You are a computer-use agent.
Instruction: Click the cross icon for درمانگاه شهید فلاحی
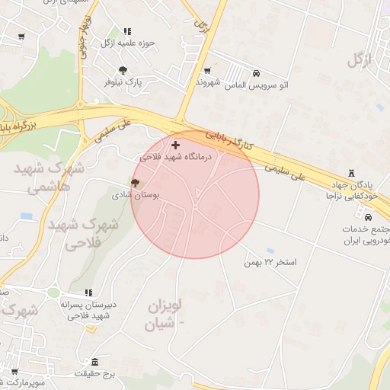(176, 144)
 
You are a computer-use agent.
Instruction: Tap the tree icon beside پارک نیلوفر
(112, 70)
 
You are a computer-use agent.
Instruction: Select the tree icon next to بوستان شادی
(135, 183)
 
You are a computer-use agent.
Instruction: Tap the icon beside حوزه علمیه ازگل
(126, 32)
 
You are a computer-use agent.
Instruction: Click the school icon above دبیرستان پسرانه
(88, 292)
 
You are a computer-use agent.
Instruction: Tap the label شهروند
(208, 81)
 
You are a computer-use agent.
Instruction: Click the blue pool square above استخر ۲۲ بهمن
(270, 250)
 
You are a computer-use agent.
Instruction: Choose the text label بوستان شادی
(156, 195)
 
